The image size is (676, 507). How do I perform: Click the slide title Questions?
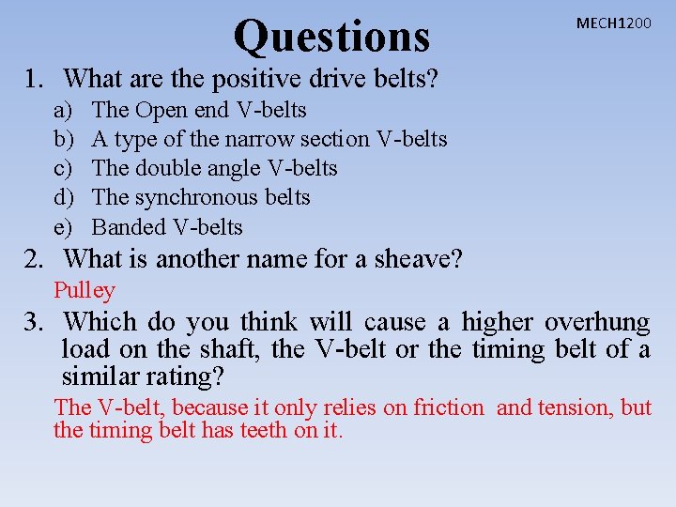click(x=331, y=37)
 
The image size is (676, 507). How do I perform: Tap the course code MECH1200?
click(x=613, y=23)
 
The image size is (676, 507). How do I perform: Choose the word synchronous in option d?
click(x=191, y=197)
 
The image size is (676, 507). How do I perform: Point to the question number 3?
click(x=35, y=322)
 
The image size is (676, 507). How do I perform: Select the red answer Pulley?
click(x=84, y=291)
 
